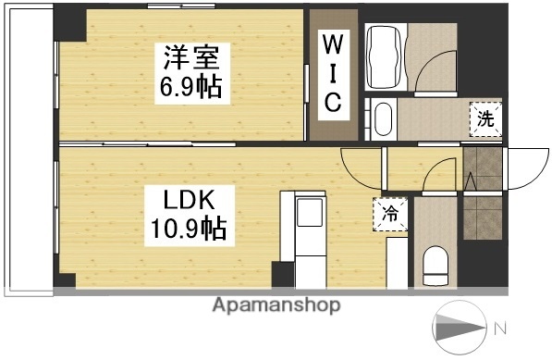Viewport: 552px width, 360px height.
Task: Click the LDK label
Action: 190,199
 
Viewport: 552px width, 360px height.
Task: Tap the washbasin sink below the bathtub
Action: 384,119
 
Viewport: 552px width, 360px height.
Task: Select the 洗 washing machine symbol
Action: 485,118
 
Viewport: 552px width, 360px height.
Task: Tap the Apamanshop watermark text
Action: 276,304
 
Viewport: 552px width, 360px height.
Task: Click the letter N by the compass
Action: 499,327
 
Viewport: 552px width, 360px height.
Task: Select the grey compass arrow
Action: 460,327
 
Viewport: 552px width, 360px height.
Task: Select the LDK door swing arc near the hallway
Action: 360,168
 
